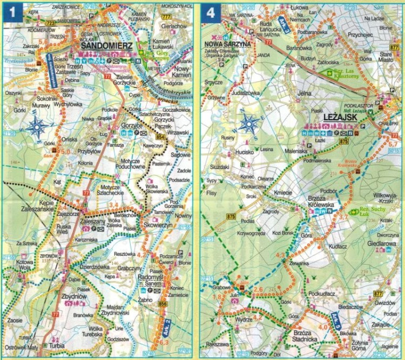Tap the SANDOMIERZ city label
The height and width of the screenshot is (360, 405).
click(x=107, y=47)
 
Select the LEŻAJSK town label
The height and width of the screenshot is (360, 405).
click(x=342, y=117)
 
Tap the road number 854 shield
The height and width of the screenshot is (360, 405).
click(x=161, y=139)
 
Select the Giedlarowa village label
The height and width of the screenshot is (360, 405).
click(x=380, y=242)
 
